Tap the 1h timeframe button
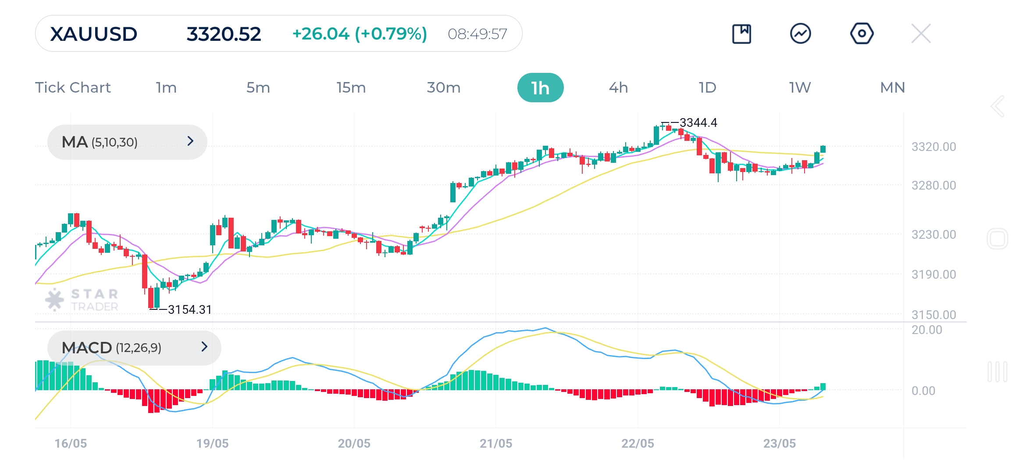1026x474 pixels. (x=540, y=88)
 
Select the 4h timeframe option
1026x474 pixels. (x=618, y=88)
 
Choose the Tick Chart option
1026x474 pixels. (x=73, y=88)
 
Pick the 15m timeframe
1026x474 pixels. (x=351, y=88)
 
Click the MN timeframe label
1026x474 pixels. (x=892, y=88)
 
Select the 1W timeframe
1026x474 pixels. (x=800, y=88)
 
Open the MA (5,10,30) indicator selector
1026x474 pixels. (x=127, y=142)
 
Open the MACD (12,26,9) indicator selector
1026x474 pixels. (x=134, y=348)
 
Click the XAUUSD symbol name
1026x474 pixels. (x=94, y=34)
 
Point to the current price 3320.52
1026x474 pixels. (x=224, y=34)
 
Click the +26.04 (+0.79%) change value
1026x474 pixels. (x=360, y=34)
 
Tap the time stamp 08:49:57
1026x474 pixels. (x=477, y=34)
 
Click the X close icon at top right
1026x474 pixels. (x=921, y=33)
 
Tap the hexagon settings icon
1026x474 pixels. (x=862, y=33)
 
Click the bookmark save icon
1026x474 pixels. (x=741, y=34)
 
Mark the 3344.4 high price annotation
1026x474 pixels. (x=698, y=122)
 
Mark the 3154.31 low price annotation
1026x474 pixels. (x=189, y=310)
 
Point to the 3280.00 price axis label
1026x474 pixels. (x=933, y=185)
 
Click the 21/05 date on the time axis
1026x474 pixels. (x=496, y=443)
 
